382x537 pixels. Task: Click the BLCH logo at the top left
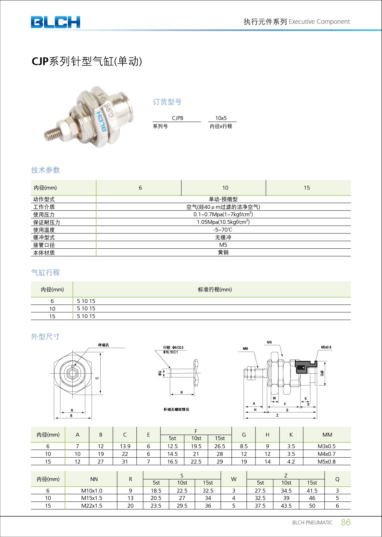click(x=55, y=22)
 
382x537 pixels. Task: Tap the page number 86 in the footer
click(x=345, y=522)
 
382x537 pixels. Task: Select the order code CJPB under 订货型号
click(x=178, y=118)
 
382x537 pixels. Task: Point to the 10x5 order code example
click(x=221, y=118)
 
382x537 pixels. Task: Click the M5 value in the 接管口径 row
click(x=223, y=245)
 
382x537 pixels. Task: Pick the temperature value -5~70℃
click(x=223, y=230)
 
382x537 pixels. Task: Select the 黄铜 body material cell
click(x=223, y=253)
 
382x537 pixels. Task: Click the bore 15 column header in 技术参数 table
click(x=307, y=188)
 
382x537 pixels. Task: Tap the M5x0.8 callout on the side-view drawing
click(x=326, y=347)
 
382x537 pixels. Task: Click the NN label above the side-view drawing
click(x=269, y=342)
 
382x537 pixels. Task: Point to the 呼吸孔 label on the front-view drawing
click(x=103, y=345)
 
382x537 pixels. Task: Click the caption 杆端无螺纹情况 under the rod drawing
click(x=176, y=409)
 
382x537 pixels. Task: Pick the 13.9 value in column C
click(x=125, y=446)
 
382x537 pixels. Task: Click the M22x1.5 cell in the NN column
click(x=92, y=506)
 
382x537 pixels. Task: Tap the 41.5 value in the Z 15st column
click(x=312, y=491)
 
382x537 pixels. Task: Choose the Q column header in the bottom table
click(x=337, y=479)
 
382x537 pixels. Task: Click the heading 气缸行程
click(x=45, y=273)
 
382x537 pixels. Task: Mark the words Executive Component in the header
click(x=319, y=22)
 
